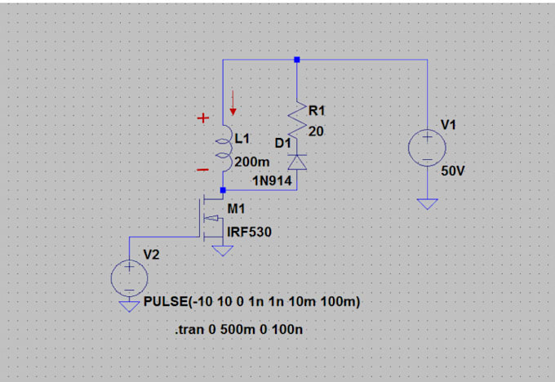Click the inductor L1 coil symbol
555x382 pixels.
[222, 149]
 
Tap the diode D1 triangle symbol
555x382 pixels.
[297, 161]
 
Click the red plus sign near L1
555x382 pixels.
[202, 118]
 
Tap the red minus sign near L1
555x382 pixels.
[202, 169]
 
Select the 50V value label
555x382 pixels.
[453, 173]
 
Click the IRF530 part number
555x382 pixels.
[249, 233]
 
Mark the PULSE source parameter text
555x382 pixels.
[251, 303]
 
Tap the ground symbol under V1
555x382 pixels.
[427, 203]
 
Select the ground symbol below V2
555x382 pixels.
[129, 305]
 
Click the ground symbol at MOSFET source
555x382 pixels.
[222, 251]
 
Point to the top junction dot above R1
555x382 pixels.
[297, 60]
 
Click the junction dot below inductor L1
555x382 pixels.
[222, 189]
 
